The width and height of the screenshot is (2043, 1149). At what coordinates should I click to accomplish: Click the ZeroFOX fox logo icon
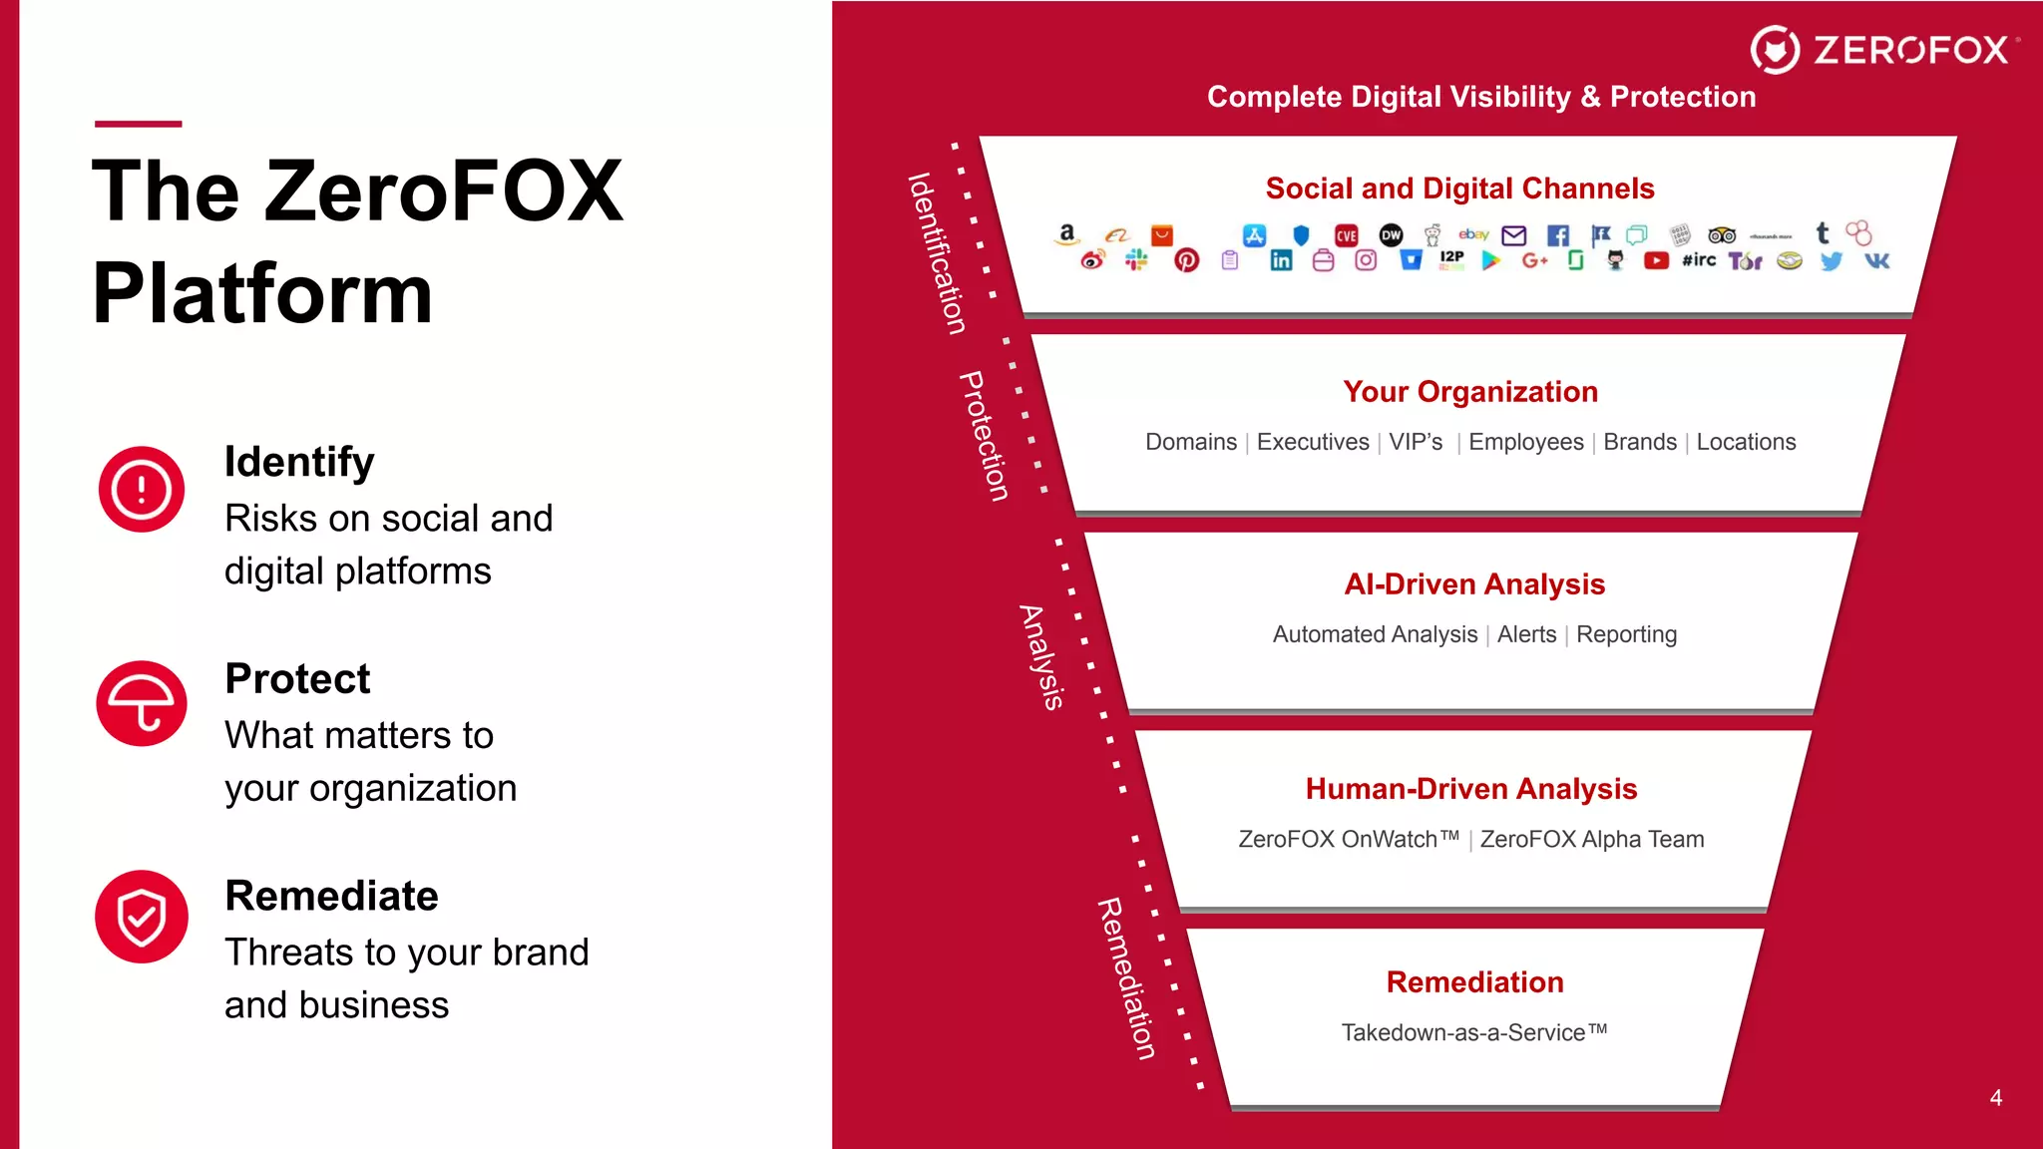pos(1775,50)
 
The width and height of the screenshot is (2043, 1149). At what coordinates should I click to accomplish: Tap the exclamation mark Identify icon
pos(142,490)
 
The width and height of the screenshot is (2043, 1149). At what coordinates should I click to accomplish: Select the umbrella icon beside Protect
pos(142,703)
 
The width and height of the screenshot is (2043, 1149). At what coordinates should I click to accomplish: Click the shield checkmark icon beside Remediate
pos(142,917)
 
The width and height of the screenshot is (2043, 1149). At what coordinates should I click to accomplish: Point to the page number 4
pos(1995,1097)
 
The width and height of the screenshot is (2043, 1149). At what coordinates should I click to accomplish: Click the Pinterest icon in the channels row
pos(1186,261)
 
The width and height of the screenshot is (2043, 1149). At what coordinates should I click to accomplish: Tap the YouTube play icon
pos(1656,261)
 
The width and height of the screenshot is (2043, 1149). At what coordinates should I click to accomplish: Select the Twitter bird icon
pos(1831,261)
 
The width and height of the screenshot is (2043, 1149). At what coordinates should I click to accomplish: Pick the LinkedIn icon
pos(1281,261)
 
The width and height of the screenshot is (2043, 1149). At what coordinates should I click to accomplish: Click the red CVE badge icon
pos(1347,235)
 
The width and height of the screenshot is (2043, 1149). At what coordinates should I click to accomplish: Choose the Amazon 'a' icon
pos(1066,233)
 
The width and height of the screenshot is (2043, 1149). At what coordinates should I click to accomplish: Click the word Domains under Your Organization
pos(1190,442)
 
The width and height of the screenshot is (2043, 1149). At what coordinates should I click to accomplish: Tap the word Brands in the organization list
pos(1640,442)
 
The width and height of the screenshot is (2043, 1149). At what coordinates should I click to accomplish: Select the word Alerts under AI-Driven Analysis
pos(1526,634)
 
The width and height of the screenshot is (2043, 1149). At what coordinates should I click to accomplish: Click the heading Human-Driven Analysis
pos(1471,789)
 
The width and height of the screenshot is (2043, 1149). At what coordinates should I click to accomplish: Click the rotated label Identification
pos(937,253)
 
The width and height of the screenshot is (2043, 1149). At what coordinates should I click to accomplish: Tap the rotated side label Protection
pos(985,436)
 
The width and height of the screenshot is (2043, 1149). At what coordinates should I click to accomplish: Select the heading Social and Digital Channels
pos(1459,189)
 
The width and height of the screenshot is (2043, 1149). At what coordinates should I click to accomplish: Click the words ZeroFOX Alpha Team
pos(1592,839)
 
